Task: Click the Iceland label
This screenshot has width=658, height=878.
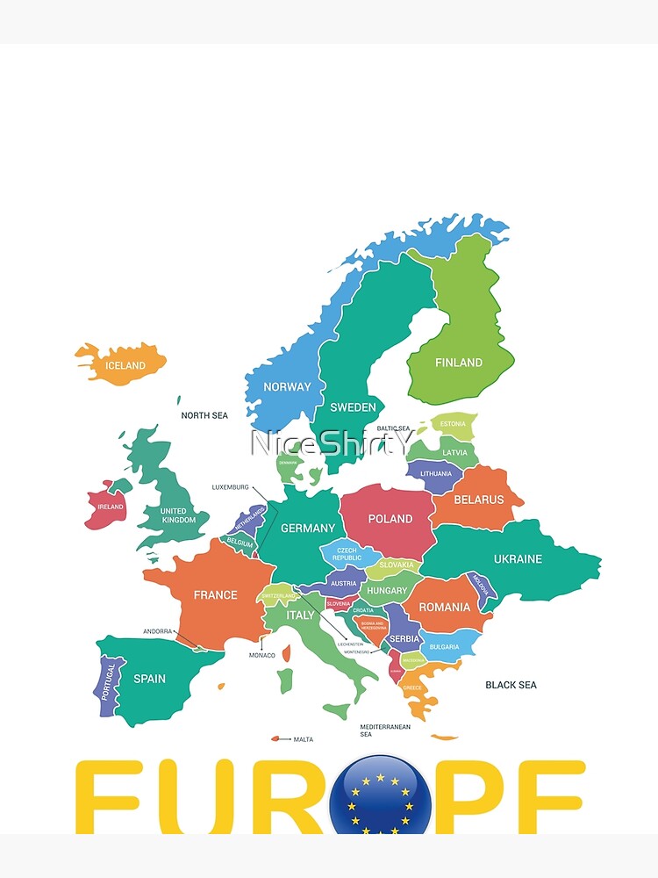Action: pos(125,365)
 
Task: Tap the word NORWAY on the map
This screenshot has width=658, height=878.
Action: pos(287,386)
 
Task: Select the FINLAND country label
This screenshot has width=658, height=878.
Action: pos(459,362)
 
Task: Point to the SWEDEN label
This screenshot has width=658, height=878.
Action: pos(353,407)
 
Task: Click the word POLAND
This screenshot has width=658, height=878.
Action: pos(390,519)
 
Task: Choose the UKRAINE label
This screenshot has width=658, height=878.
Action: pos(518,558)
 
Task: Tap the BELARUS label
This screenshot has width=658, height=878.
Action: pos(479,500)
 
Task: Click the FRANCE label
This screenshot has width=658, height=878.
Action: pos(216,594)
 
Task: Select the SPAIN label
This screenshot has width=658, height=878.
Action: pos(149,678)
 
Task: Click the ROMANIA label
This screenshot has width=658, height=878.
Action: pos(444,607)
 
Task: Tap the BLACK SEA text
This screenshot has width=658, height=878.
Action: pos(511,685)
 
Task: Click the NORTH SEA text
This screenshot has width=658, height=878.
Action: pos(204,415)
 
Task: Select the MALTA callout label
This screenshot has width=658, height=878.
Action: pos(303,739)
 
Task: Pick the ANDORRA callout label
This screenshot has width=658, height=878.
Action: pos(158,631)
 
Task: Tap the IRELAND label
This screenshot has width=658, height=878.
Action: pos(111,507)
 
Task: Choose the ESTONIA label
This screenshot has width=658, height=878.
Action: pos(453,424)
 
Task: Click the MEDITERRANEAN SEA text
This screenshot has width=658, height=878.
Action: pos(385,730)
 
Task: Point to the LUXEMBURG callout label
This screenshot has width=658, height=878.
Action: pos(231,487)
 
